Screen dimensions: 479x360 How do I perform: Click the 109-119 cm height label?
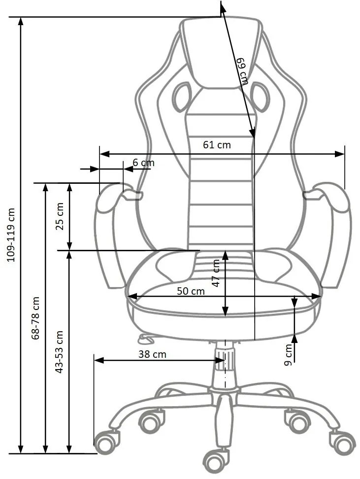click(x=11, y=234)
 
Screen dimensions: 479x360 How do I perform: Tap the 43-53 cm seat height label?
click(x=60, y=351)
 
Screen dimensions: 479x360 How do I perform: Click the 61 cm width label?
click(x=217, y=145)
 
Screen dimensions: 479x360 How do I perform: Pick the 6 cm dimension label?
click(x=143, y=163)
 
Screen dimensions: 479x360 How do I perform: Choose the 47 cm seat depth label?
click(x=216, y=273)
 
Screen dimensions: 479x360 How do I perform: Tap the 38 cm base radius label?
click(x=152, y=354)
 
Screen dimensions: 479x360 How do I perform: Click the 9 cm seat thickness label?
click(x=289, y=354)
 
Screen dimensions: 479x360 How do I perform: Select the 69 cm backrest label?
click(x=241, y=71)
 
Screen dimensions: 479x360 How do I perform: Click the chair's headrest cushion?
click(x=220, y=52)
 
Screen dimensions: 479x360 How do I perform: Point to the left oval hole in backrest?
click(x=182, y=96)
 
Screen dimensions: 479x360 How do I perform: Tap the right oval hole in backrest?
click(x=260, y=96)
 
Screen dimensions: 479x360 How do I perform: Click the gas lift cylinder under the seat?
click(x=224, y=367)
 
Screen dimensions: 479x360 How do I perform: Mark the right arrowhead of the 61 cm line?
click(x=340, y=154)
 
